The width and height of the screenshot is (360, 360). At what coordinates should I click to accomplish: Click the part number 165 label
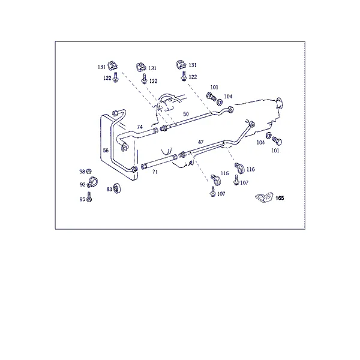click(x=280, y=198)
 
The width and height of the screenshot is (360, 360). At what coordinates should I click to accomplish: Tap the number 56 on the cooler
click(x=106, y=151)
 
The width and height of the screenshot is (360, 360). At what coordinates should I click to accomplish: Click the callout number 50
click(x=186, y=114)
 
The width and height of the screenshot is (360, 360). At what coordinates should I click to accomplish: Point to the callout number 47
click(x=200, y=142)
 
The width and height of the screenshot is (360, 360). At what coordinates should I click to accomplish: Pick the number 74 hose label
click(x=140, y=127)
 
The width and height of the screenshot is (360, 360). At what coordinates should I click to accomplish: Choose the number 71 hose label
click(x=155, y=172)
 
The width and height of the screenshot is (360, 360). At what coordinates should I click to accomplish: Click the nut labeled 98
click(x=89, y=171)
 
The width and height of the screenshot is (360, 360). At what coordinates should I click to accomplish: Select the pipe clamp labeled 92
click(x=92, y=182)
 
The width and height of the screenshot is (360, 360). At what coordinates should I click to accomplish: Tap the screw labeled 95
click(x=89, y=197)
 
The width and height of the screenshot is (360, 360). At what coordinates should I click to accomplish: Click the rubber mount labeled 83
click(x=118, y=188)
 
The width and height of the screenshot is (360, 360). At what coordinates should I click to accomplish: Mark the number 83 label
click(x=109, y=189)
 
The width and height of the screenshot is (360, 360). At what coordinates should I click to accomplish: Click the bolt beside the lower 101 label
click(x=277, y=141)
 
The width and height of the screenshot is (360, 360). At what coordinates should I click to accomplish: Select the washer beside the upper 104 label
click(x=220, y=102)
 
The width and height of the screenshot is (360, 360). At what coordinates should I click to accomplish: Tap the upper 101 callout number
click(x=214, y=87)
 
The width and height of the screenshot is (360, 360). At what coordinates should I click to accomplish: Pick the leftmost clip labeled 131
click(x=113, y=65)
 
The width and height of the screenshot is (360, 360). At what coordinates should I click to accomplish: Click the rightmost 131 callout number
click(x=193, y=65)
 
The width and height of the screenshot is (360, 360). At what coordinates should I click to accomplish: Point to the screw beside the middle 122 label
click(x=144, y=79)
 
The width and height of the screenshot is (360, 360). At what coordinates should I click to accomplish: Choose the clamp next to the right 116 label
click(x=239, y=168)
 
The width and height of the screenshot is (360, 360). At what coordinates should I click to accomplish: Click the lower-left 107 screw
click(x=213, y=191)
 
